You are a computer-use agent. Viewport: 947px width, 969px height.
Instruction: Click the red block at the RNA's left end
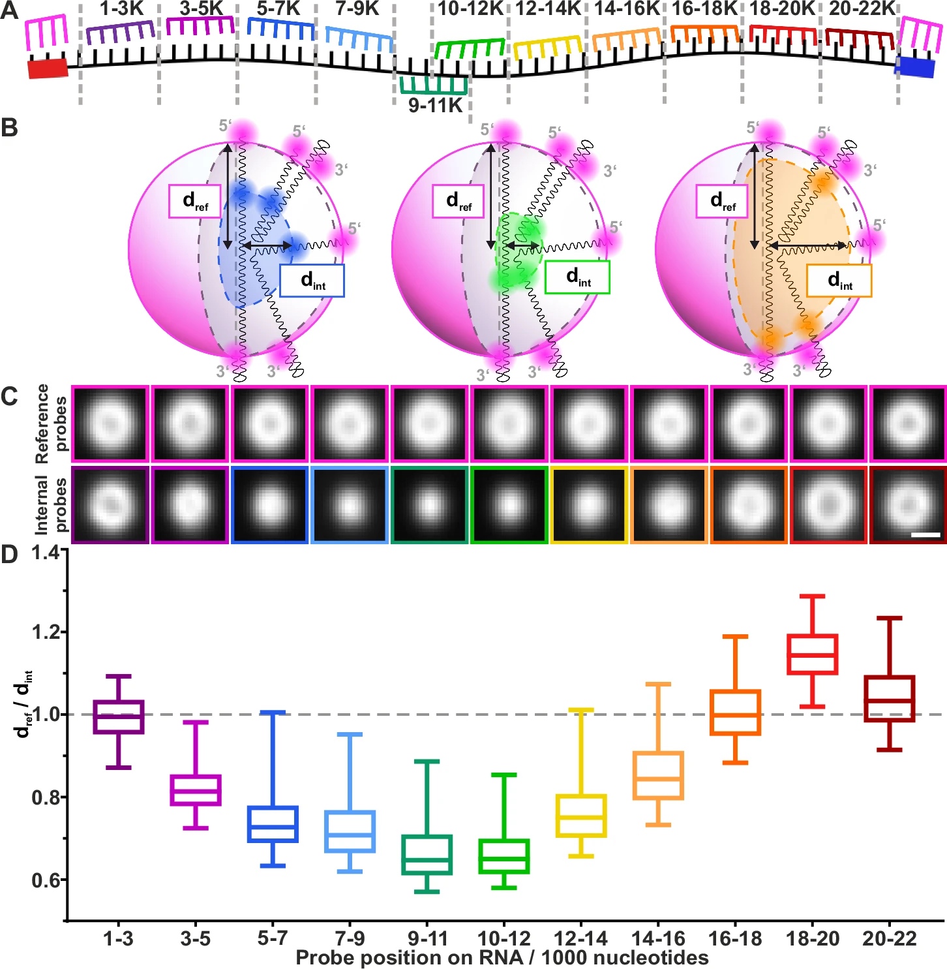[x=48, y=68]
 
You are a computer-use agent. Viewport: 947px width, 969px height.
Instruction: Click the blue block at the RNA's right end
[x=914, y=67]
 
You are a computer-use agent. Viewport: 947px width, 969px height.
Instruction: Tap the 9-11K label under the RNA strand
[x=435, y=105]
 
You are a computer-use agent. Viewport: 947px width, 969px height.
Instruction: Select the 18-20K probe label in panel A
[x=782, y=8]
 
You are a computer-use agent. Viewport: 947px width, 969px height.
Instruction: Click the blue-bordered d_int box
[x=312, y=281]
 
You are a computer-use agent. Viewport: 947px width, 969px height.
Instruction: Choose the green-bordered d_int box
[x=577, y=277]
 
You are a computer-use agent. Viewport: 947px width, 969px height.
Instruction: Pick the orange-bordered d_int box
[x=839, y=281]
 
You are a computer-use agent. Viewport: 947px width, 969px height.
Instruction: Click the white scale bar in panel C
[x=925, y=535]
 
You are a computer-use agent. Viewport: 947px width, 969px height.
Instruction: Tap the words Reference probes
[x=51, y=424]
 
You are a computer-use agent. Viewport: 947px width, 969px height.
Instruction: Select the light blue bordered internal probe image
[x=350, y=504]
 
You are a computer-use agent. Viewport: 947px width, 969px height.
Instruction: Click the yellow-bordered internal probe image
[x=589, y=504]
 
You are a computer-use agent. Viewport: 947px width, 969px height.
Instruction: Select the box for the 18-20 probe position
[x=812, y=654]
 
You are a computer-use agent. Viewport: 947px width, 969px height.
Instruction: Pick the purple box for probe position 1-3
[x=119, y=716]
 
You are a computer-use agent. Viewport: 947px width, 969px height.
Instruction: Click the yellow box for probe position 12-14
[x=581, y=816]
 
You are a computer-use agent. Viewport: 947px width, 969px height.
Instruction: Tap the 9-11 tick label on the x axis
[x=427, y=938]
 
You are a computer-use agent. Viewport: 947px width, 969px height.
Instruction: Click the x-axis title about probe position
[x=502, y=957]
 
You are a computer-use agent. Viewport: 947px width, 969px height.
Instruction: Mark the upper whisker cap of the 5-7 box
[x=273, y=713]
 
